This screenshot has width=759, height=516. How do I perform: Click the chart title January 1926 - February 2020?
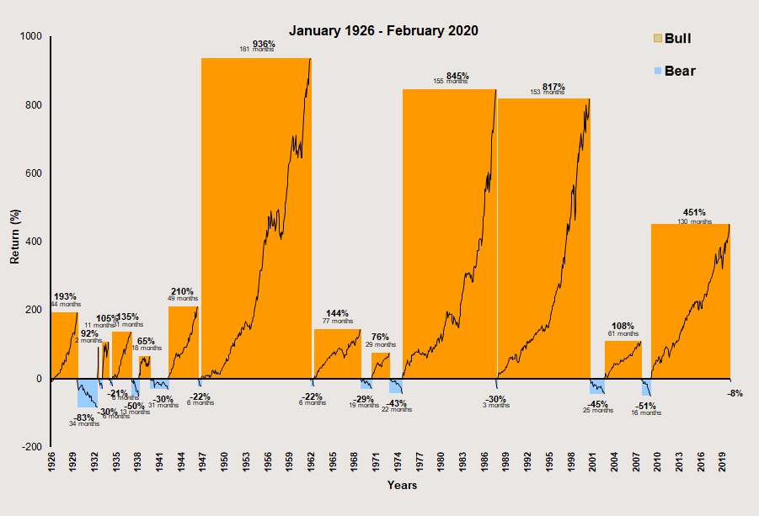383,30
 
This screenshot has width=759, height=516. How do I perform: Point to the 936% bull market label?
264,44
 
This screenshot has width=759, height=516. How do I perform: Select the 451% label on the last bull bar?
694,213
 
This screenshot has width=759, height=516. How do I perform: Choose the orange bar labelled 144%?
337,354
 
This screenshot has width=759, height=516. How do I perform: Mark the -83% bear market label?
84,418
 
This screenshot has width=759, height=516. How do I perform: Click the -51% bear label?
646,407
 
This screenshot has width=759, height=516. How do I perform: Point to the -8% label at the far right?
735,393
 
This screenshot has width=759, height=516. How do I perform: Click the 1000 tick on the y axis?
34,36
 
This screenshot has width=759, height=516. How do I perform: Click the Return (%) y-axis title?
14,242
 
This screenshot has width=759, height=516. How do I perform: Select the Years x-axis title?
402,485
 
